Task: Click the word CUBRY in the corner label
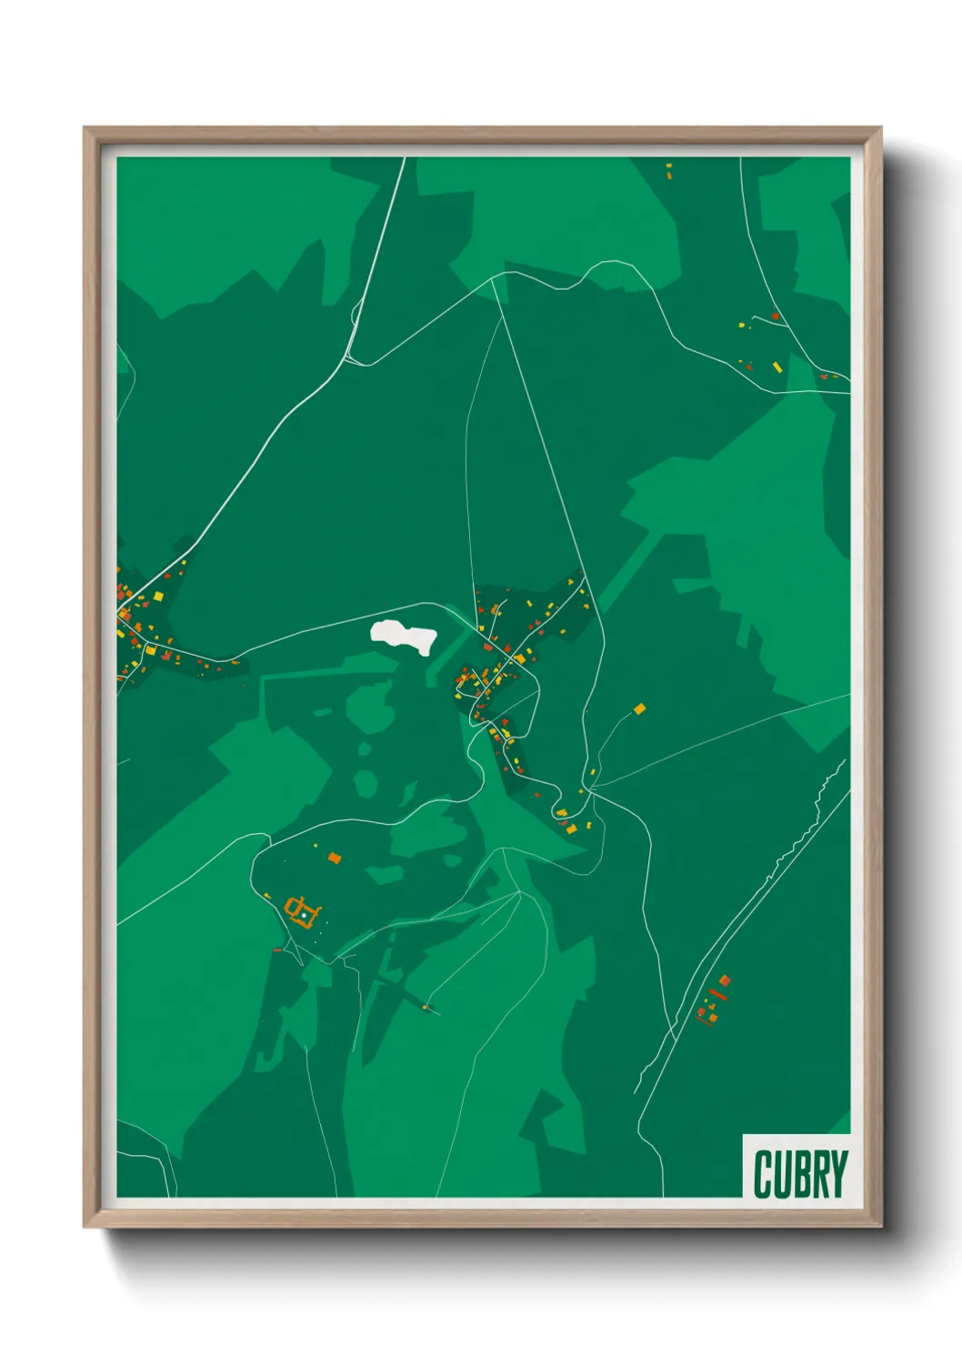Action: pyautogui.click(x=800, y=1174)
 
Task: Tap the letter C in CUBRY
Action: pyautogui.click(x=762, y=1174)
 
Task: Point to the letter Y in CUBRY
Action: pyautogui.click(x=838, y=1174)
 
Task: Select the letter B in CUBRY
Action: pyautogui.click(x=800, y=1174)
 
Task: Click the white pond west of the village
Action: pyautogui.click(x=404, y=635)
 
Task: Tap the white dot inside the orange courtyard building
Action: pyautogui.click(x=304, y=915)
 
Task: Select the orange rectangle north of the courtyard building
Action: pyautogui.click(x=334, y=857)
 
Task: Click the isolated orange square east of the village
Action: pyautogui.click(x=639, y=708)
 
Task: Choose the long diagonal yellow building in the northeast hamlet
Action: pyautogui.click(x=777, y=367)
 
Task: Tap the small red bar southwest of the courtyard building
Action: pyautogui.click(x=277, y=950)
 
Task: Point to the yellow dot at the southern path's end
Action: pyautogui.click(x=426, y=1006)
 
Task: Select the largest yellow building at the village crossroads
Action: pyautogui.click(x=519, y=658)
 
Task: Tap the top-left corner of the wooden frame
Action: pyautogui.click(x=85, y=128)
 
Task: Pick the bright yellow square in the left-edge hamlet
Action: pyautogui.click(x=158, y=597)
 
